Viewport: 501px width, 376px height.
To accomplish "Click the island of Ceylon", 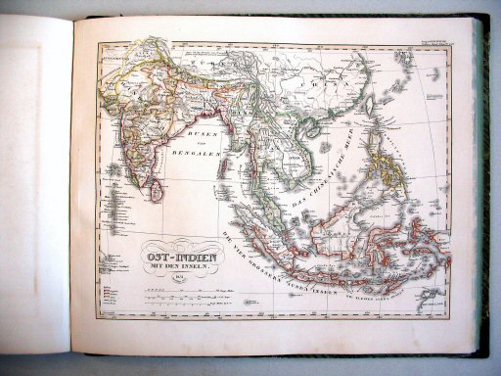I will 157,190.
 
